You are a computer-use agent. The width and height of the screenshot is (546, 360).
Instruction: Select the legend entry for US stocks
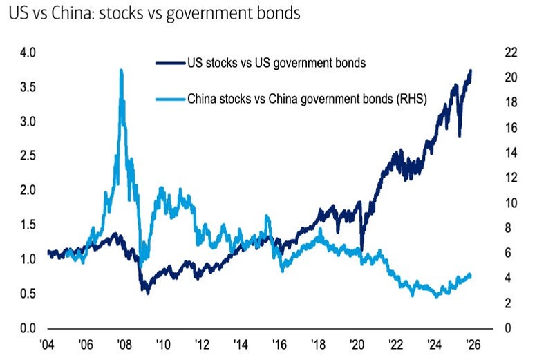276,64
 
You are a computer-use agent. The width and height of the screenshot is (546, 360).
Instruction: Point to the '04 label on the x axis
48,343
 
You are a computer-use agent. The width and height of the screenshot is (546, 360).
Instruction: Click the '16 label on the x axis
280,343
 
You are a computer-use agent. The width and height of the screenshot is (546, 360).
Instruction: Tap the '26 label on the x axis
473,343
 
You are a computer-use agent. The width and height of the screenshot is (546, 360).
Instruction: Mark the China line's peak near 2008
122,70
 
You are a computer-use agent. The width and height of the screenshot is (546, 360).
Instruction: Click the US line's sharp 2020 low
361,249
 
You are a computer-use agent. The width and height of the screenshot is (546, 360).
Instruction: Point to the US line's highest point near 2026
471,70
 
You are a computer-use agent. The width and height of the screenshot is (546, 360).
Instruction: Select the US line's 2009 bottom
146,292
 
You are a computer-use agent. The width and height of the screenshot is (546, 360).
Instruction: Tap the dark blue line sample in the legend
170,64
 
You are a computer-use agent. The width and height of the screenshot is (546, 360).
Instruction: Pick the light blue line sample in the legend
170,99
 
